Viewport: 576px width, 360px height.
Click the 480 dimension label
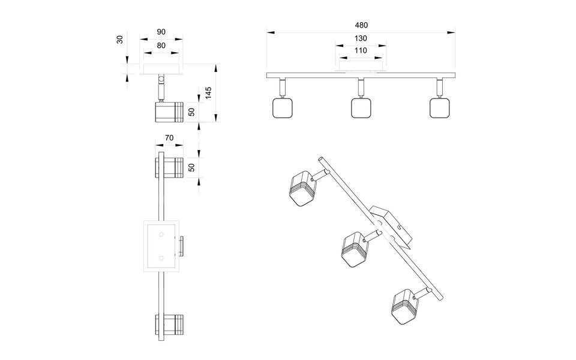pyautogui.click(x=361, y=25)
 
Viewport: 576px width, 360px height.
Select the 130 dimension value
pyautogui.click(x=361, y=38)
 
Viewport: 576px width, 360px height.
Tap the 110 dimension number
pyautogui.click(x=361, y=51)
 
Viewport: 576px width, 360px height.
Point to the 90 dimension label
pyautogui.click(x=161, y=31)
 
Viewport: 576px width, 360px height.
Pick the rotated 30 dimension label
pyautogui.click(x=120, y=40)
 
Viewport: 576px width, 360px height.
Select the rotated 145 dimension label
pyautogui.click(x=208, y=94)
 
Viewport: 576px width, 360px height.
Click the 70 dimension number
pyautogui.click(x=169, y=138)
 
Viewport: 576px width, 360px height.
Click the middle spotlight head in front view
pyautogui.click(x=360, y=108)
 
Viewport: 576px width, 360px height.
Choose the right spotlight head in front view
pyautogui.click(x=440, y=108)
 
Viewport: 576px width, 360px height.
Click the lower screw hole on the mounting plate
pyautogui.click(x=161, y=257)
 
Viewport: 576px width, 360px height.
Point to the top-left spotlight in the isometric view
pyautogui.click(x=301, y=188)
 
